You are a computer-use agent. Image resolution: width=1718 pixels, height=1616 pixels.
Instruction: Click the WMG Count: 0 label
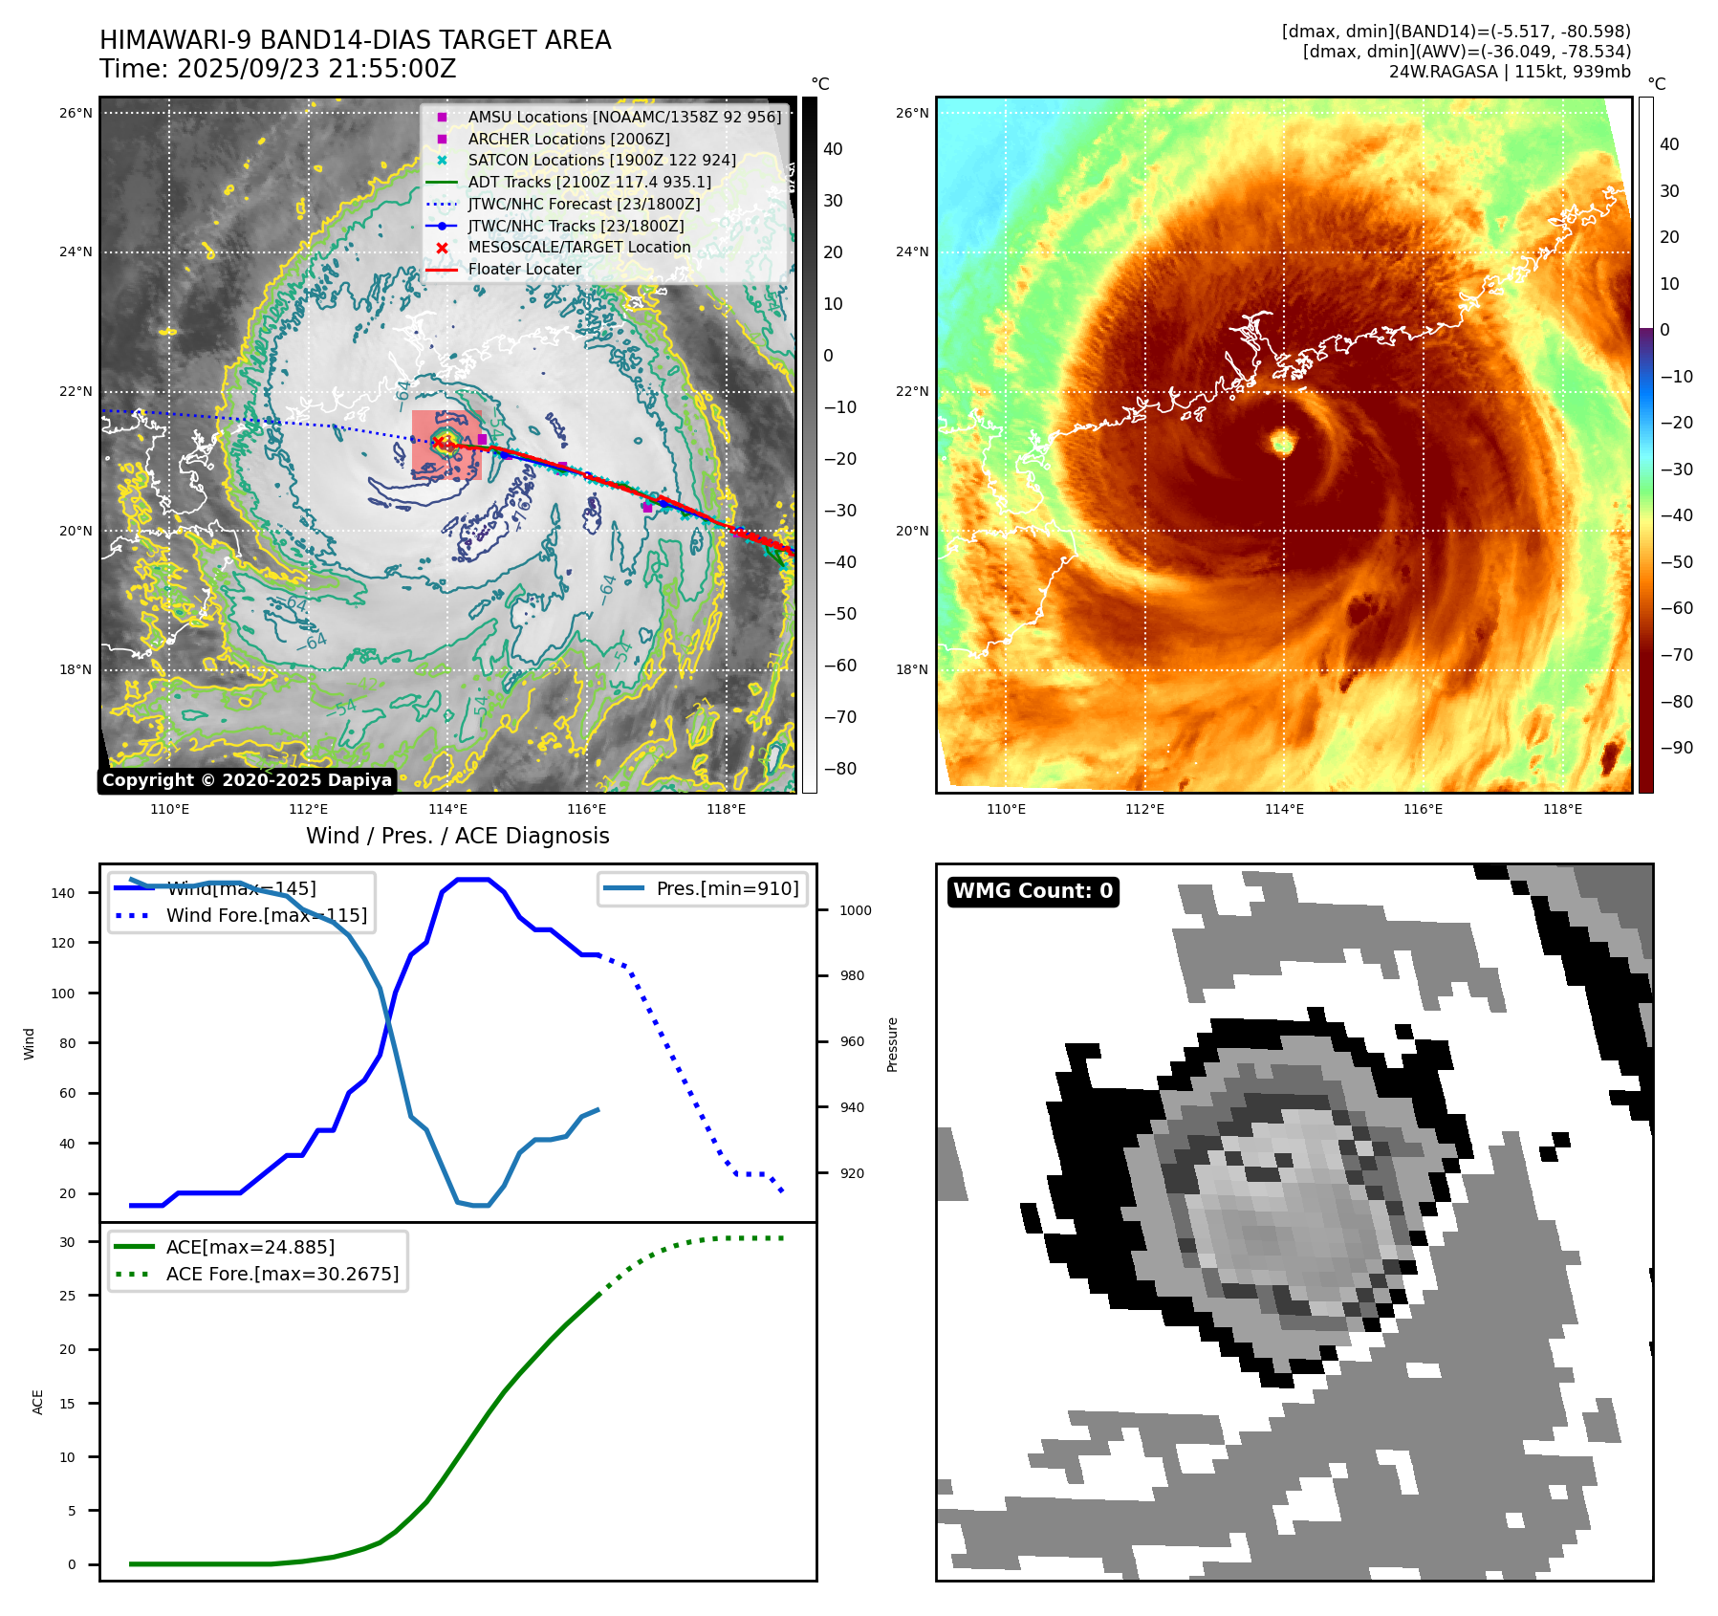1033,891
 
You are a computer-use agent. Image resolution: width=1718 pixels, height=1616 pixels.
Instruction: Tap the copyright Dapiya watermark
247,780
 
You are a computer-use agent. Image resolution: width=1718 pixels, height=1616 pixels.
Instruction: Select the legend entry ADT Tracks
589,182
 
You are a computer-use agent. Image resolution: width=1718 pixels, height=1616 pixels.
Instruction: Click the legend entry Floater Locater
524,270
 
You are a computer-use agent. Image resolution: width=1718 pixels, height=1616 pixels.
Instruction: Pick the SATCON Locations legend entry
601,161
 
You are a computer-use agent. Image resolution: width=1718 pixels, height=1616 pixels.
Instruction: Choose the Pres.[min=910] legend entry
727,888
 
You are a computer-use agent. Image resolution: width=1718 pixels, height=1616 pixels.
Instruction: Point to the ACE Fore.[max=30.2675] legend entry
282,1274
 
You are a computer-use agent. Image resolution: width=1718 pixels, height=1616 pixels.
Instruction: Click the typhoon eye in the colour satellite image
1282,442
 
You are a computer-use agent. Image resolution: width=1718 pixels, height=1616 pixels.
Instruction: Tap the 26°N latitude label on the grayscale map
76,113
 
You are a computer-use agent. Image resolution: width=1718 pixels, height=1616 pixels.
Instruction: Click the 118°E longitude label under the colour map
1562,809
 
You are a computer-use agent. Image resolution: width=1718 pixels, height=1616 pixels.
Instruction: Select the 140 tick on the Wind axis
63,893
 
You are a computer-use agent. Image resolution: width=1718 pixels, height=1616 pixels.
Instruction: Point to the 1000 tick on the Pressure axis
855,910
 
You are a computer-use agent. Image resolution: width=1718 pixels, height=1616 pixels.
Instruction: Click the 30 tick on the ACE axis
68,1242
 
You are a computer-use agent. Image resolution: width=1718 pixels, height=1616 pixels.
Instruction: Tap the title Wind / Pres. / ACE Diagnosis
457,836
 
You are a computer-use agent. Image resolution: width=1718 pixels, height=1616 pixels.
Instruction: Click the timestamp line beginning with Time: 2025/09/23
277,70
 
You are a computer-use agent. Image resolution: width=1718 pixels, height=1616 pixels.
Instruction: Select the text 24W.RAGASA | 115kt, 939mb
1510,72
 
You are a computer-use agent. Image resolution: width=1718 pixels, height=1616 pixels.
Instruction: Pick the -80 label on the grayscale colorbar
840,769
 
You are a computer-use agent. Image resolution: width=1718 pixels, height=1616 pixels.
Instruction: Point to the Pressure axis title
892,1044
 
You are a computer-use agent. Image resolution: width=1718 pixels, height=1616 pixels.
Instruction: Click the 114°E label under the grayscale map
447,809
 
